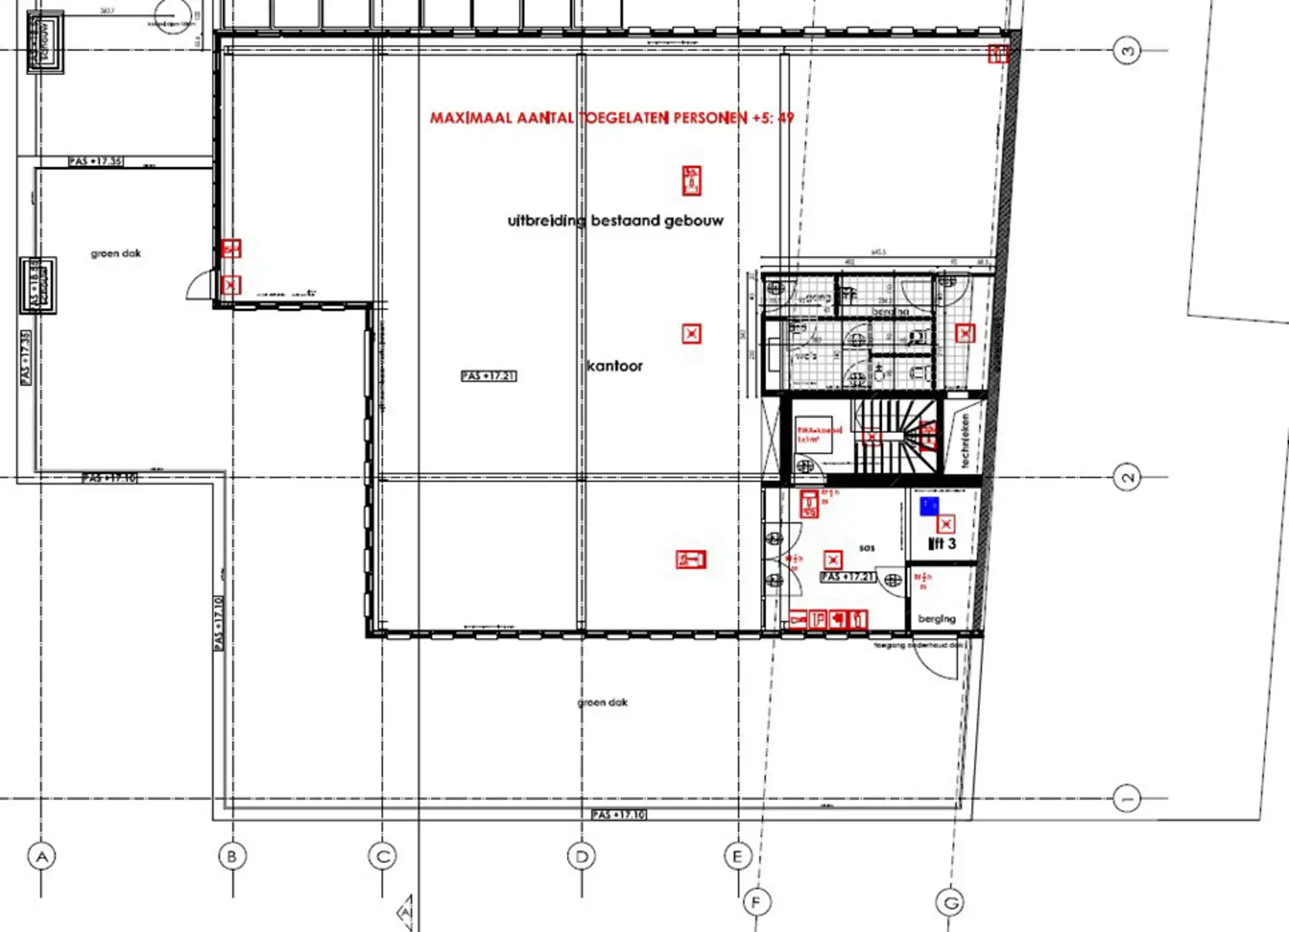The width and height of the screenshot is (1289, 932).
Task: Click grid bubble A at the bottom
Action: [x=42, y=857]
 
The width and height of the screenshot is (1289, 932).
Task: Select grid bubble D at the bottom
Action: [x=581, y=857]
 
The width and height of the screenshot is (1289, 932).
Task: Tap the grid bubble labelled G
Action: [x=950, y=902]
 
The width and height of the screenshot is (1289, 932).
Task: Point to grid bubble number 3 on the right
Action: [x=1127, y=50]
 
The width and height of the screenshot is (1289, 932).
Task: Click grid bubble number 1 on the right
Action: [x=1127, y=798]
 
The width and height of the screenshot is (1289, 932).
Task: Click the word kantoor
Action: [x=615, y=366]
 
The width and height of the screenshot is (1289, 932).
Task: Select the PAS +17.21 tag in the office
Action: [x=489, y=376]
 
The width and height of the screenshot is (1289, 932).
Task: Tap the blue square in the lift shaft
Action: [x=929, y=506]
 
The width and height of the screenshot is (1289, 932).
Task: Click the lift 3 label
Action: [x=942, y=544]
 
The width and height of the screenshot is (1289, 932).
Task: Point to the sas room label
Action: [x=867, y=548]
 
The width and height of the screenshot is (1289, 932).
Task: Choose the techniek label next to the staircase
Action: [x=965, y=441]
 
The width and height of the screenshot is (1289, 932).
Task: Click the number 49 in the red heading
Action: [x=786, y=118]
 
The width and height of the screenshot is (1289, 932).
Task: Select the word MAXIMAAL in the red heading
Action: [x=470, y=118]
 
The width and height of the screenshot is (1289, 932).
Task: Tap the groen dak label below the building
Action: [x=602, y=702]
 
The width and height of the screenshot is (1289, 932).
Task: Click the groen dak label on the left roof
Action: [x=116, y=254]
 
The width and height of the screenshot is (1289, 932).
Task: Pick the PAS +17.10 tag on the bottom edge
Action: [x=619, y=815]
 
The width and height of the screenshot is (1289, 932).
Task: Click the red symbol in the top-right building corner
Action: [x=997, y=54]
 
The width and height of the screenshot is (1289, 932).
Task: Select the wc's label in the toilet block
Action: [x=806, y=356]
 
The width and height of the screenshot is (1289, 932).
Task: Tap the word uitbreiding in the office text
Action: [x=546, y=221]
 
